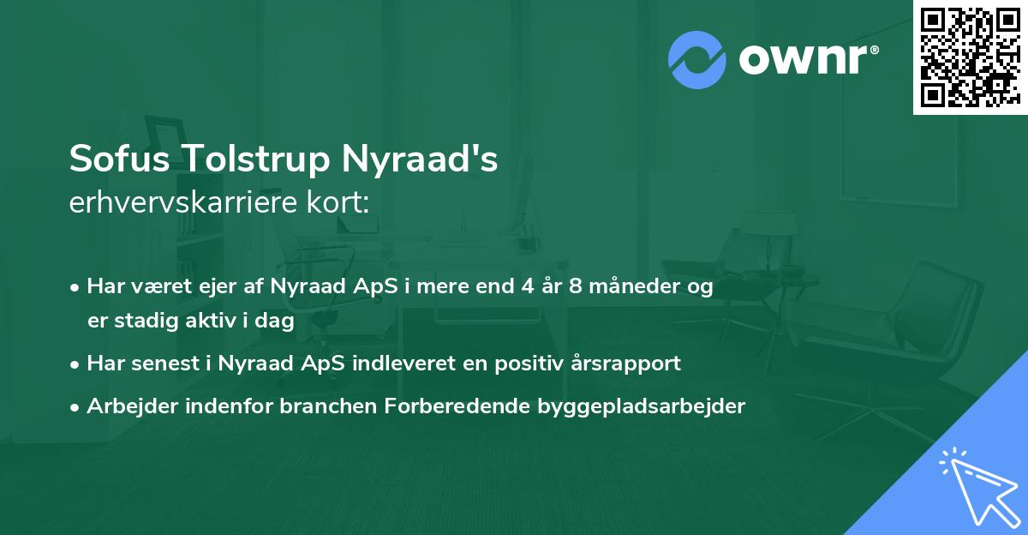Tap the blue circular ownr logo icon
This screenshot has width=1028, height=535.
click(x=697, y=60)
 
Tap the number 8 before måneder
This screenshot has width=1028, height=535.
click(x=578, y=286)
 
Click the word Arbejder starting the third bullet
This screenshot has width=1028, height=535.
click(x=125, y=406)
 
